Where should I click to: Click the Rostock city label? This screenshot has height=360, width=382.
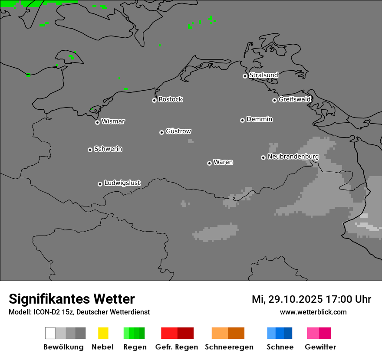171,99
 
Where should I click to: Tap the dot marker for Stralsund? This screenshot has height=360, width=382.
245,76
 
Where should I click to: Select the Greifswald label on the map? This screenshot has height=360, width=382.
295,99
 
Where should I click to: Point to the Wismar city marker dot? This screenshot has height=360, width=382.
97,122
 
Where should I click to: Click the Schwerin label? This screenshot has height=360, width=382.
108,149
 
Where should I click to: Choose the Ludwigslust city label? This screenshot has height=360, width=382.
122,183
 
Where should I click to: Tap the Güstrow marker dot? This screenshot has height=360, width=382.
161,132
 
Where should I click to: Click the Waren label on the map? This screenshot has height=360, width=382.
223,162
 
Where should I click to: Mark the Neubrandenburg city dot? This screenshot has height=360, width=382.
263,157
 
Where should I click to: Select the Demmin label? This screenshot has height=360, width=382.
260,119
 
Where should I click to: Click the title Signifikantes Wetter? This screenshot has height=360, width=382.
72,299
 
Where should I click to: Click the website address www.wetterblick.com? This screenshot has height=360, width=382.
313,312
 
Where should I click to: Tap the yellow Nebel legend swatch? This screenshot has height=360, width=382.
103,333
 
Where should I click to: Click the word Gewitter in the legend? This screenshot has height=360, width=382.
320,347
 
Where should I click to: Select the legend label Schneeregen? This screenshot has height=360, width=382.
229,347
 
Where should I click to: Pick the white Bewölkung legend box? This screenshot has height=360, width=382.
50,333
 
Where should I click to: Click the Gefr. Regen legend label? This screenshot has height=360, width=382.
177,347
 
